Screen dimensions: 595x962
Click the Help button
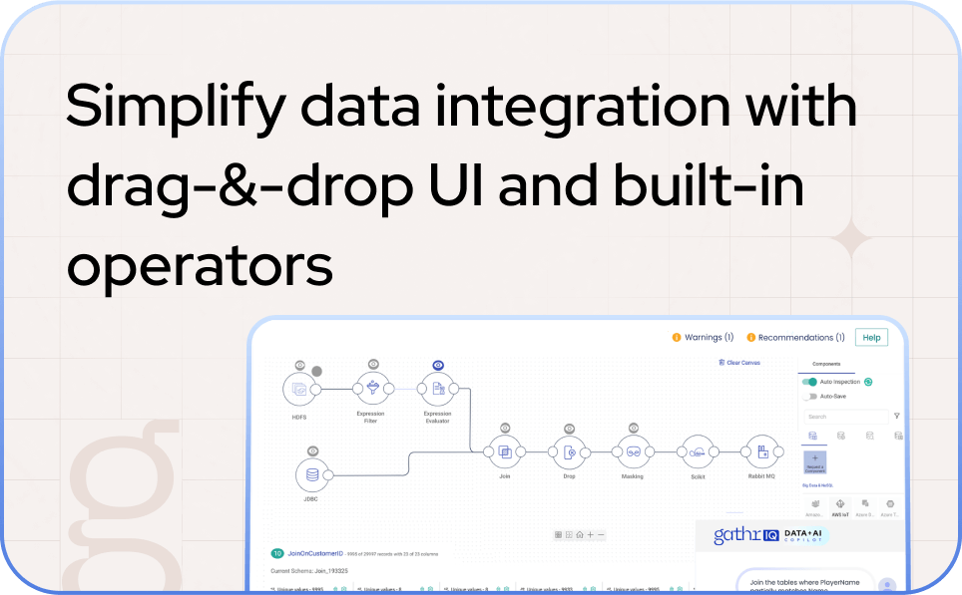(871, 338)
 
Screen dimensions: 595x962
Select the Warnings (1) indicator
(703, 338)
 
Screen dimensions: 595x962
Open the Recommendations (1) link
(795, 338)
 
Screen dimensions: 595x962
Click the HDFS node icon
(299, 390)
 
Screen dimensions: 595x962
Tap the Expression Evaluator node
(437, 389)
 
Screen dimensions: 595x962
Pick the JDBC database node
(313, 474)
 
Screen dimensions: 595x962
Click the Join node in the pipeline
(505, 452)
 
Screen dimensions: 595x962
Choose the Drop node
(569, 452)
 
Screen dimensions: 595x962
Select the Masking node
(632, 452)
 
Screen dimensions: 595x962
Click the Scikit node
(697, 452)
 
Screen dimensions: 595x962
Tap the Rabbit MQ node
(761, 452)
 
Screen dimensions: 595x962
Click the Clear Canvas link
(739, 363)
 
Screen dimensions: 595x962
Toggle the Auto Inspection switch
(809, 382)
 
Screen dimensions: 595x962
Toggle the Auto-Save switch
(809, 396)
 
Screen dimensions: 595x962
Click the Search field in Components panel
(843, 417)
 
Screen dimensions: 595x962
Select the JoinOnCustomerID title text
(315, 553)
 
